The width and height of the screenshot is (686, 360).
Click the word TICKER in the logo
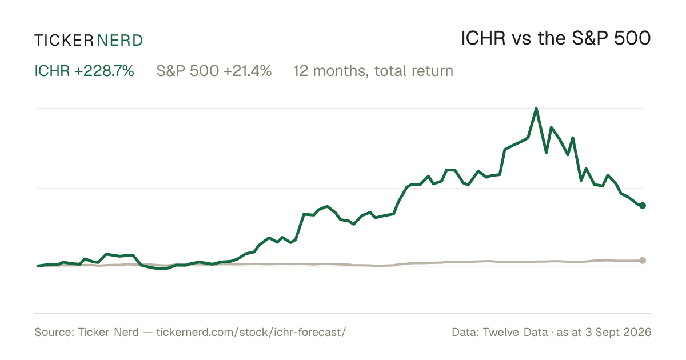(64, 41)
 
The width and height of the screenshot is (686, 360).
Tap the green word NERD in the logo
(119, 41)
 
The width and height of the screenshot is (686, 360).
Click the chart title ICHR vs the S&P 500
(556, 38)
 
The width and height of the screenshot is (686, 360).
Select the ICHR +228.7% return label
(84, 71)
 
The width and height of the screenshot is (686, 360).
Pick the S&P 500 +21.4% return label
(214, 71)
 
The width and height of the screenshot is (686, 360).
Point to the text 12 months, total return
(373, 71)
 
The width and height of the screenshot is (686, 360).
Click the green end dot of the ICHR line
(643, 206)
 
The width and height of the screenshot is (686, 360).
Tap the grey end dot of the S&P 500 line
(643, 261)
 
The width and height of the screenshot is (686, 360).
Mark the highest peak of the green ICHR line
(536, 109)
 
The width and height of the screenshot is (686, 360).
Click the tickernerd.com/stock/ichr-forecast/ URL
(251, 332)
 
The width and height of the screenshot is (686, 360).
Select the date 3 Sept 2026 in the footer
(619, 332)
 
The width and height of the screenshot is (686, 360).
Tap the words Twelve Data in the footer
(515, 332)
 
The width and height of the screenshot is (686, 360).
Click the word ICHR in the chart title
(483, 38)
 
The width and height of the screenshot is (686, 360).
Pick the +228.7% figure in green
(104, 71)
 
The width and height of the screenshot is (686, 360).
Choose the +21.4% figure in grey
(248, 71)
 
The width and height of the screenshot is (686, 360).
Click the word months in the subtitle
(340, 71)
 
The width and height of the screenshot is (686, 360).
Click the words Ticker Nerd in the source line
(109, 332)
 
